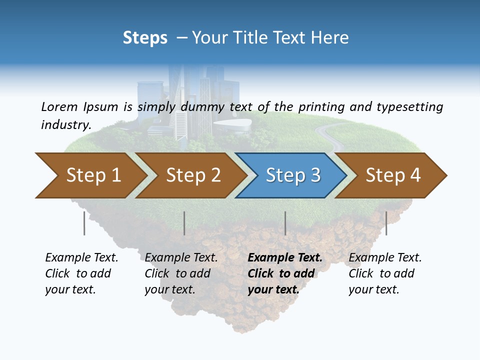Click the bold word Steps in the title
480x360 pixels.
pos(145,37)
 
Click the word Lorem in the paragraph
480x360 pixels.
pos(59,106)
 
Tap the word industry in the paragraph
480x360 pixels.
pos(65,124)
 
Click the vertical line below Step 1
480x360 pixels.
pos(84,223)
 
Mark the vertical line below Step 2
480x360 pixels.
pos(184,223)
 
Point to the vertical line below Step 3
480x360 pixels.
pos(285,223)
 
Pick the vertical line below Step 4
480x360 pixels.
pos(386,223)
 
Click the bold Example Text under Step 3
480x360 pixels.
pos(285,258)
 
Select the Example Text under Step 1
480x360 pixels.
pos(81,258)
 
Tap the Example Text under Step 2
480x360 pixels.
pos(181,258)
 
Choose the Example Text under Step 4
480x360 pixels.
pos(385,258)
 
